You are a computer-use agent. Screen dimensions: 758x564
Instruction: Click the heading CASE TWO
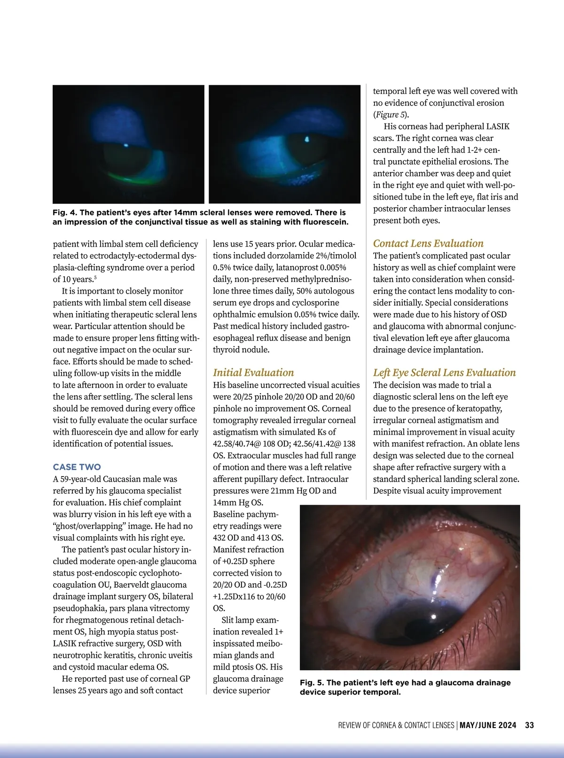click(x=77, y=467)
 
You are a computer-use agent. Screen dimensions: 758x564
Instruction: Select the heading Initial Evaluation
click(x=253, y=373)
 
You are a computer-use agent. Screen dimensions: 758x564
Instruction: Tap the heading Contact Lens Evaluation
click(x=428, y=243)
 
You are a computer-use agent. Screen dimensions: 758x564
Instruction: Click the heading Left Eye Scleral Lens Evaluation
click(x=444, y=373)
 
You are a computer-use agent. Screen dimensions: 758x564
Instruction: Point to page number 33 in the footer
click(x=529, y=725)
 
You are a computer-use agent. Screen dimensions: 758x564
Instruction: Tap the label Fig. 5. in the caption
click(x=312, y=683)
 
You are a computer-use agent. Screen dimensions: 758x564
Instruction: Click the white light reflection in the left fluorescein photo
click(x=125, y=145)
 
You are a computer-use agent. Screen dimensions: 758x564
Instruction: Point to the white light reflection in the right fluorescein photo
click(x=307, y=139)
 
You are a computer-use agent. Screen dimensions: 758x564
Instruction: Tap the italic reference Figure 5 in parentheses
click(x=390, y=115)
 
